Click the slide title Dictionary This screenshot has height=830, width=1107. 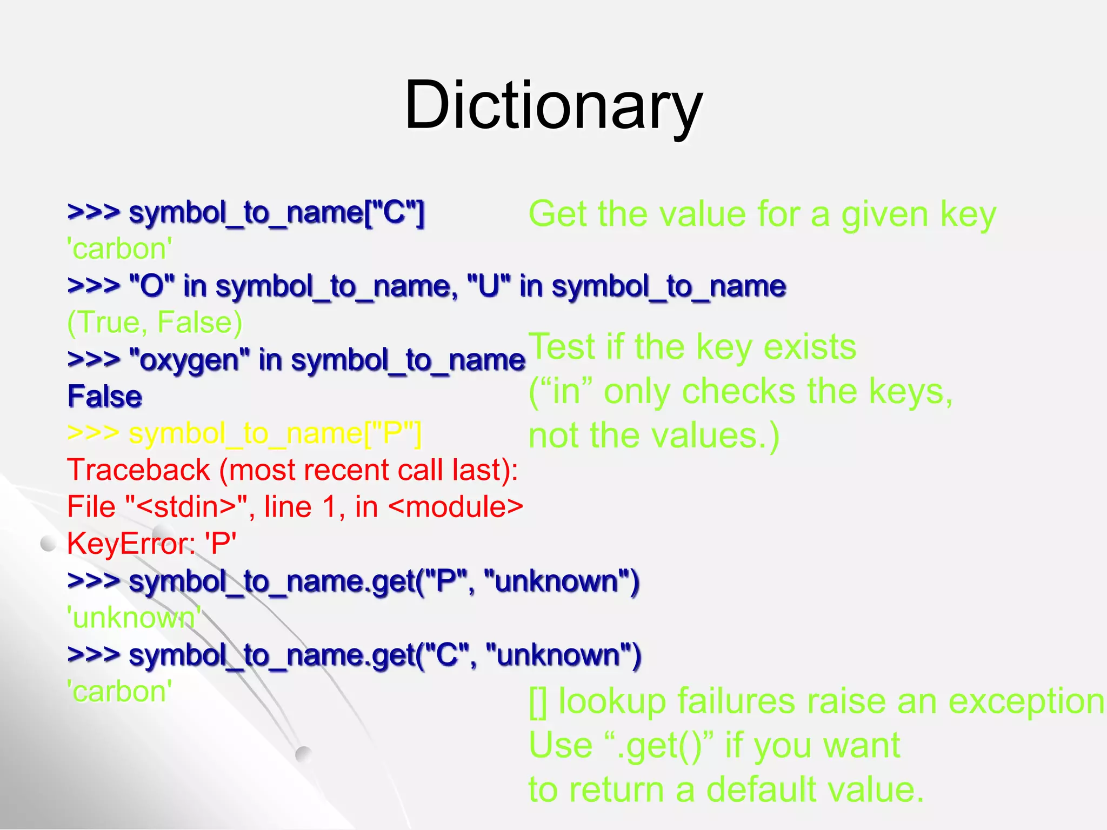(553, 105)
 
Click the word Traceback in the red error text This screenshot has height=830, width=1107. (138, 470)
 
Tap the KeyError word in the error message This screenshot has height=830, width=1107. (130, 544)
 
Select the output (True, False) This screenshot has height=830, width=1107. (155, 323)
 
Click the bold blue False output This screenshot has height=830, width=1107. (105, 397)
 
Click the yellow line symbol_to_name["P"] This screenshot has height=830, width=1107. (244, 433)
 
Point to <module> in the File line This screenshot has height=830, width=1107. (456, 507)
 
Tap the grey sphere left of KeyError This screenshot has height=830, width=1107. (49, 544)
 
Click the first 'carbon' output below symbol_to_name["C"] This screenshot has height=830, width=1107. (119, 249)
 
